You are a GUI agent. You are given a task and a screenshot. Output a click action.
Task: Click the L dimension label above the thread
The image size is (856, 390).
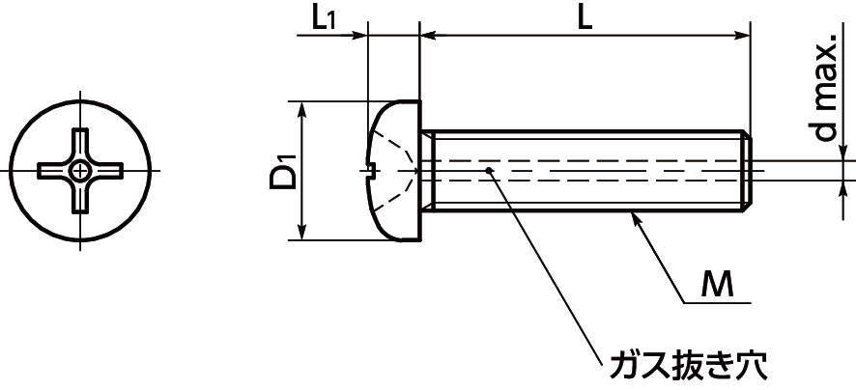tap(585, 18)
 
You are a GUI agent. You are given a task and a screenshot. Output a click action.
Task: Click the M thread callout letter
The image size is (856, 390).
tap(715, 283)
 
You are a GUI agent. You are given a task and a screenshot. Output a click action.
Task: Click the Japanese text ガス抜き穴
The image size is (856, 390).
tap(690, 366)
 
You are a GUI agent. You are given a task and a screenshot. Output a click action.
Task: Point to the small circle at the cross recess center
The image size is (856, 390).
tap(83, 172)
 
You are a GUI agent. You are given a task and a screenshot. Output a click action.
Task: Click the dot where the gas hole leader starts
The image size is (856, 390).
tap(492, 171)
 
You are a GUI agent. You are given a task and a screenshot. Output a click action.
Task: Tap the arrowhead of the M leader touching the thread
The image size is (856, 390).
tap(636, 221)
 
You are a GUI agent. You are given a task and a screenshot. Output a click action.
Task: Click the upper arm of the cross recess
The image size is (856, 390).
tap(83, 143)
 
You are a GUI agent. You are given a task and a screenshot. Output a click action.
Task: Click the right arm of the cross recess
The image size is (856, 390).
tap(111, 172)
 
